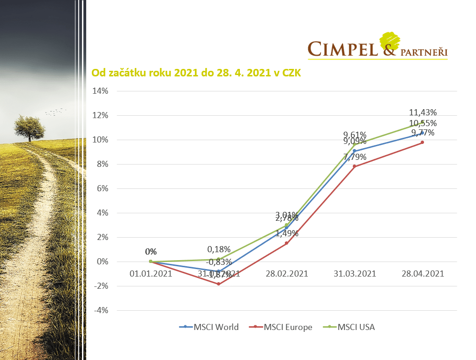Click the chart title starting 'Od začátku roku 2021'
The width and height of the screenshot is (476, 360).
click(x=196, y=73)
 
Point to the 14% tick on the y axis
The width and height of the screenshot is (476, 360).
click(x=100, y=91)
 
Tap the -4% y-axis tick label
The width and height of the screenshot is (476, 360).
click(x=101, y=310)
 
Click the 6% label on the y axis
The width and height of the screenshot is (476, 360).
click(x=102, y=188)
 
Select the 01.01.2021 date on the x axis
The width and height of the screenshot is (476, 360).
click(x=151, y=274)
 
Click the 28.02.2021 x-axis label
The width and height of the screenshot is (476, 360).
click(x=287, y=274)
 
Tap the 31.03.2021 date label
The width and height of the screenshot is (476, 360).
click(x=355, y=274)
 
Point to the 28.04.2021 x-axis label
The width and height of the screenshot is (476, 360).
click(x=423, y=274)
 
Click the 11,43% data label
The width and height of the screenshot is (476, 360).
click(x=423, y=112)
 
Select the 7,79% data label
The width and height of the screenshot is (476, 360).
click(x=355, y=157)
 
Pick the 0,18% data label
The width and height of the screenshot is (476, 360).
click(x=219, y=249)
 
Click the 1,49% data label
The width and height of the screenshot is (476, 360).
click(x=287, y=233)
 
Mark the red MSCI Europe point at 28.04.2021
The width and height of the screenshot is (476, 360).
click(x=423, y=142)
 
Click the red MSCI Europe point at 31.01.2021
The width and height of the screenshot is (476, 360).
click(x=219, y=284)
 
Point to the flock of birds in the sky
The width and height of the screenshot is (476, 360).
click(x=55, y=112)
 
